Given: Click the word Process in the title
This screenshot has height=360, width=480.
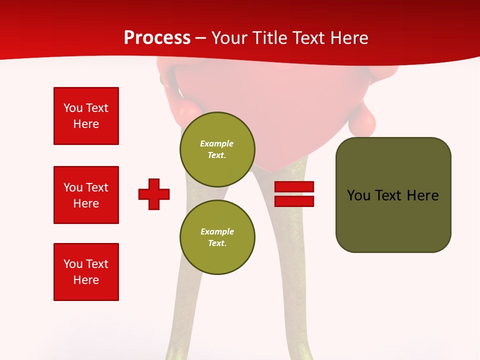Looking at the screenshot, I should (157, 38).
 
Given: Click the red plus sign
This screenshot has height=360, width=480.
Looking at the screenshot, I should (154, 194).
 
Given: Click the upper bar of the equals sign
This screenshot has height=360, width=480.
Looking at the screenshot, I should (294, 186).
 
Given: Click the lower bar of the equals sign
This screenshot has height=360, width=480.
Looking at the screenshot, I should (294, 201).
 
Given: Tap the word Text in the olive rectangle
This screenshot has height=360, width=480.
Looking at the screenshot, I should (388, 195).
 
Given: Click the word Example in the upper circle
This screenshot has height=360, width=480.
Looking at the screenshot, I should (216, 143).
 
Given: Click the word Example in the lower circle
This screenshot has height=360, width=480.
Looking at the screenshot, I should (217, 231).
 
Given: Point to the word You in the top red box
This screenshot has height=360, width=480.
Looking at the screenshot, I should (73, 108).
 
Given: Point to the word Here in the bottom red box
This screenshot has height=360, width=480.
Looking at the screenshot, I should (86, 280).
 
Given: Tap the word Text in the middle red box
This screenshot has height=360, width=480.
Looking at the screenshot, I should (97, 187).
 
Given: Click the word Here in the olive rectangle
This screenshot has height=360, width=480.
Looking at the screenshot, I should (422, 195).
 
